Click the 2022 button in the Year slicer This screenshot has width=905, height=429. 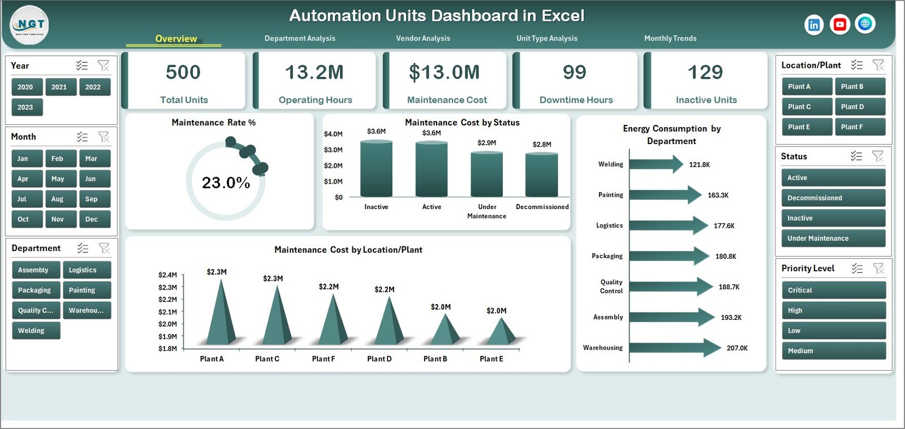point(93,87)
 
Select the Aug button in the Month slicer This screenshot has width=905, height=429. point(58,199)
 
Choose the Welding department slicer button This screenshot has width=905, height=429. point(35,331)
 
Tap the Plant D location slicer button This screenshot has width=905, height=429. point(859,107)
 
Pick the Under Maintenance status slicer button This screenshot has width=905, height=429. point(833,239)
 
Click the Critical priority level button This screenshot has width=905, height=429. point(833,290)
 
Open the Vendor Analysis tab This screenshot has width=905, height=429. point(423,38)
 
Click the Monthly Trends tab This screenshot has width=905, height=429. point(670,38)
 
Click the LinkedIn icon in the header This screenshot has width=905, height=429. point(813,25)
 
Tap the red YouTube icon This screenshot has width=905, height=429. point(839,24)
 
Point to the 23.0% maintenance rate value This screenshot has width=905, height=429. point(226,183)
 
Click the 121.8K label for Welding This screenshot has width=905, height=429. point(699,164)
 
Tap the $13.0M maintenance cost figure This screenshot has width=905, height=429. point(445,72)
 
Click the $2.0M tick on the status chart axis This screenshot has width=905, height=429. point(333,166)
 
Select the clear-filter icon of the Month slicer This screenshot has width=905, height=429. point(104,137)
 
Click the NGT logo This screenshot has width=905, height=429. point(29,25)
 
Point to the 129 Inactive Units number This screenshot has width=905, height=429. point(705,72)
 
